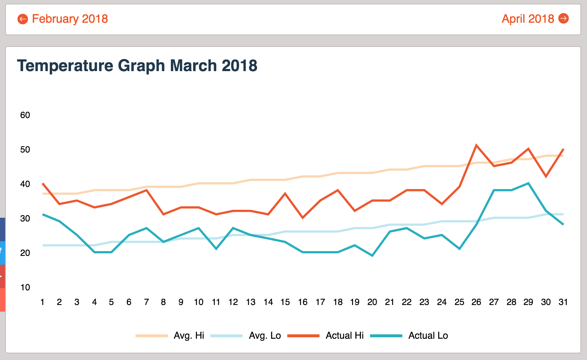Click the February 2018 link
(x=70, y=19)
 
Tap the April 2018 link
(x=528, y=19)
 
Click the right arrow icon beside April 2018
(x=564, y=18)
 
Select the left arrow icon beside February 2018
(x=23, y=19)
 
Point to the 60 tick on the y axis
(x=25, y=115)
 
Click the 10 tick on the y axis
(x=25, y=287)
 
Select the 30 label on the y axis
(x=25, y=218)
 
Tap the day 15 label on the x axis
(x=285, y=302)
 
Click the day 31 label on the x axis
(x=563, y=302)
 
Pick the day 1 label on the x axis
(x=43, y=302)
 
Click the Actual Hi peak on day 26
(x=476, y=145)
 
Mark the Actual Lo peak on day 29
(x=528, y=183)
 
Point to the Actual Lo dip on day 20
(x=372, y=256)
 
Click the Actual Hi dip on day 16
(x=303, y=218)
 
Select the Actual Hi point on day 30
(x=546, y=176)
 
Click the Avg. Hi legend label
(x=189, y=336)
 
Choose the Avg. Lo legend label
(x=265, y=336)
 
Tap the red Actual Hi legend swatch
(x=303, y=336)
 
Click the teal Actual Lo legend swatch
(x=386, y=336)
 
